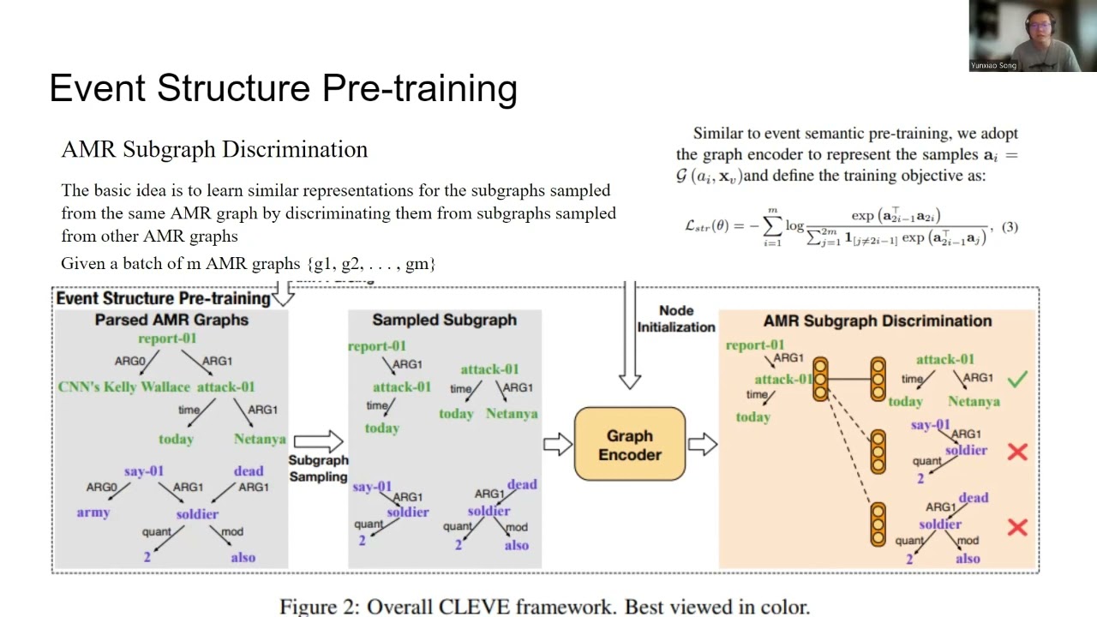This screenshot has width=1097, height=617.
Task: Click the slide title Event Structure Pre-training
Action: pyautogui.click(x=283, y=89)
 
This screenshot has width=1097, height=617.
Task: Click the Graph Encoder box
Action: pyautogui.click(x=630, y=445)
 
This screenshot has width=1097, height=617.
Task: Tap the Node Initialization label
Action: pyautogui.click(x=676, y=319)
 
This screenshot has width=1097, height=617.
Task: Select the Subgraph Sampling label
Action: pyautogui.click(x=318, y=468)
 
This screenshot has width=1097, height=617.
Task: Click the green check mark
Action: pyautogui.click(x=1017, y=379)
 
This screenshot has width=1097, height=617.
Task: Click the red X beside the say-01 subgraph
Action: pyautogui.click(x=1017, y=452)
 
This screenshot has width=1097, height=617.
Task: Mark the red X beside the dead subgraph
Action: pyautogui.click(x=1017, y=527)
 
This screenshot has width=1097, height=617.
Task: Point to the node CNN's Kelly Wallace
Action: pyautogui.click(x=123, y=387)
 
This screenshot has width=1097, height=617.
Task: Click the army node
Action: pyautogui.click(x=93, y=512)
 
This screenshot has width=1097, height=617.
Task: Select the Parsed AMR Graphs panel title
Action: pyautogui.click(x=171, y=320)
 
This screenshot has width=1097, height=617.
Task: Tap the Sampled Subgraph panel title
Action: pyautogui.click(x=444, y=320)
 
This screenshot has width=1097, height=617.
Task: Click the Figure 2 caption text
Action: pyautogui.click(x=544, y=607)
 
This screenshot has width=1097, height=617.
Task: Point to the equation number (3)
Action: pyautogui.click(x=1010, y=227)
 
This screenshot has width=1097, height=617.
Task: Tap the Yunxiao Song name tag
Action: pyautogui.click(x=994, y=65)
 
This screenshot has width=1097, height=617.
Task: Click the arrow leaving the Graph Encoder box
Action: pyautogui.click(x=702, y=444)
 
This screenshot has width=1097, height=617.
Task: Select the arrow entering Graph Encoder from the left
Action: pyautogui.click(x=557, y=444)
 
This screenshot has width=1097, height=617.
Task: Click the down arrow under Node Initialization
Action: pyautogui.click(x=630, y=343)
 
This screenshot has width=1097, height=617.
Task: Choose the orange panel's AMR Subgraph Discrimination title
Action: pyautogui.click(x=878, y=320)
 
